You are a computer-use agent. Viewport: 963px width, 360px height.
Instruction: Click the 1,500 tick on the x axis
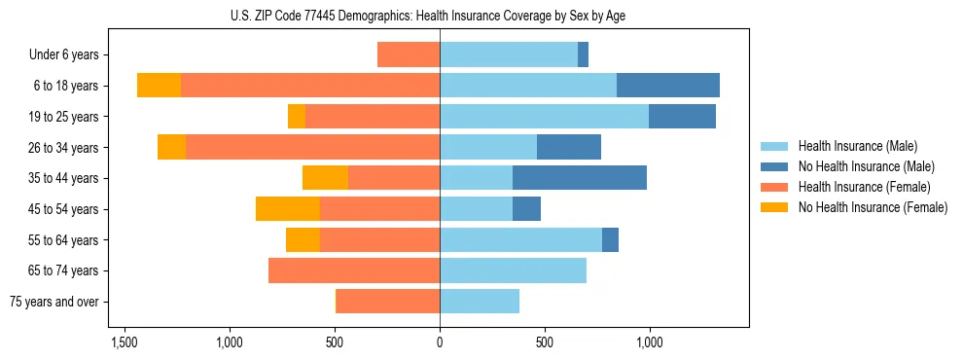tap(125, 342)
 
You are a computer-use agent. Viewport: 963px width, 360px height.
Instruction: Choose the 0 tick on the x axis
tap(440, 342)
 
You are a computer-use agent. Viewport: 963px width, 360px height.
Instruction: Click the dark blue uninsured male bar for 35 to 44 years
tap(580, 178)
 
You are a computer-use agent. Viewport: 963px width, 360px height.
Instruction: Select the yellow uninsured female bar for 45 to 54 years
tap(288, 209)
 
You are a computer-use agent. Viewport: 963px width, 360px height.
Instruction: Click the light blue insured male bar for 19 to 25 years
tap(544, 117)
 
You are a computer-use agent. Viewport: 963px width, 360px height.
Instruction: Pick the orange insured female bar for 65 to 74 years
tap(354, 270)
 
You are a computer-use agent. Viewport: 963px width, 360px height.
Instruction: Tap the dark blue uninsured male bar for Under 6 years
tap(583, 55)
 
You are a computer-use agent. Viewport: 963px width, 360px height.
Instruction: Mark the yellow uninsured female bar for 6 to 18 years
tap(159, 86)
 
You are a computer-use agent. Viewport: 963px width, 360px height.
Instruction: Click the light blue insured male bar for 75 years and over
tap(480, 302)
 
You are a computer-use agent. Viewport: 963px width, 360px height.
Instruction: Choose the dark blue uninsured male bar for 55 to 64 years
tap(610, 239)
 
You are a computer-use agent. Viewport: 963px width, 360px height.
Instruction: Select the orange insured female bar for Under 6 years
tap(409, 55)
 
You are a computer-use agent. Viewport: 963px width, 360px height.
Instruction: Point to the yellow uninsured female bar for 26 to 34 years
tap(171, 147)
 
